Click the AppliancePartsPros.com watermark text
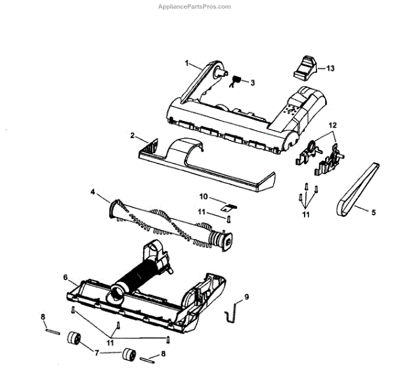pyautogui.click(x=196, y=7)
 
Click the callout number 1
pyautogui.click(x=187, y=64)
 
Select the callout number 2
pyautogui.click(x=133, y=135)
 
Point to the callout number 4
pyautogui.click(x=93, y=192)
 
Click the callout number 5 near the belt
pyautogui.click(x=373, y=212)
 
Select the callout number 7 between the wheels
pyautogui.click(x=97, y=353)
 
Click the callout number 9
pyautogui.click(x=247, y=297)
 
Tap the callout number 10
pyautogui.click(x=204, y=197)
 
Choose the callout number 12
pyautogui.click(x=332, y=124)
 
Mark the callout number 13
pyautogui.click(x=330, y=68)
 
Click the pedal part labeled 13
pyautogui.click(x=305, y=66)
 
